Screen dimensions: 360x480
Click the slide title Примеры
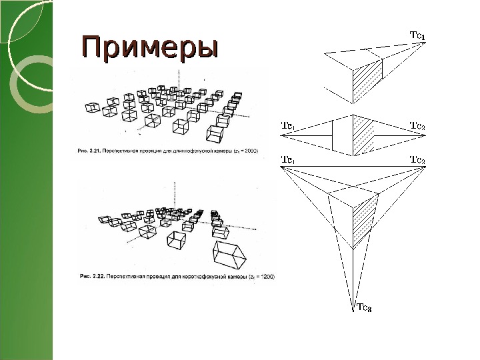click(149, 48)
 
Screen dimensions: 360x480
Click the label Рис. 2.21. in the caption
click(88, 152)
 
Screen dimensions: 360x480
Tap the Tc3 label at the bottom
click(365, 308)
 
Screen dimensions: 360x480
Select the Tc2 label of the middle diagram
click(418, 125)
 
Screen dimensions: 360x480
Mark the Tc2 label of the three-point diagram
click(418, 160)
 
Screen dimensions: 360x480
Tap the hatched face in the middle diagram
click(364, 137)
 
